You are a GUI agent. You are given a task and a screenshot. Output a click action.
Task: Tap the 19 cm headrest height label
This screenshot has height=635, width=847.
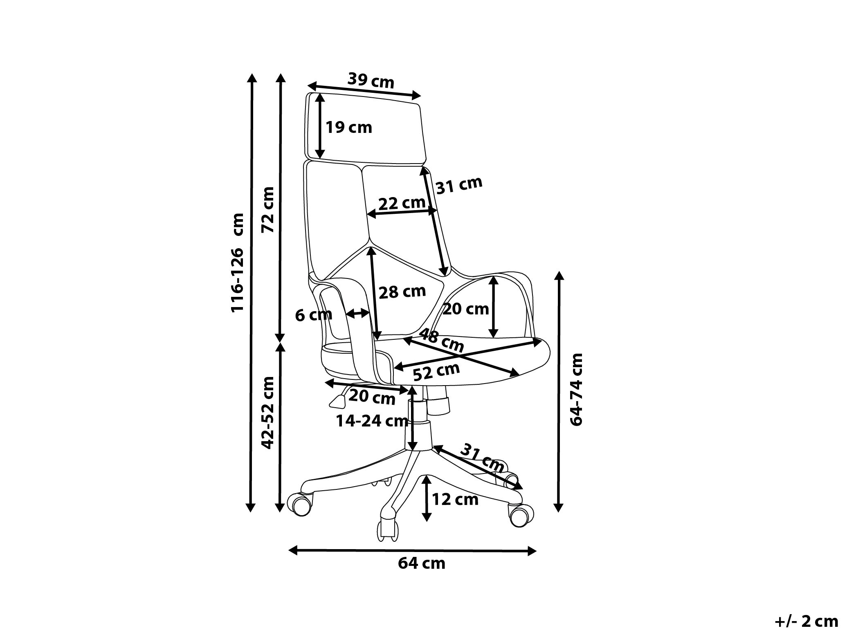point(348,128)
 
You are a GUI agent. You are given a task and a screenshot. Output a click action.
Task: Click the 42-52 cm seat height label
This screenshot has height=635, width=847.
point(268,412)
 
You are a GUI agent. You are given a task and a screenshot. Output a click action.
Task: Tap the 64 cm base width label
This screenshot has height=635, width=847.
point(421,563)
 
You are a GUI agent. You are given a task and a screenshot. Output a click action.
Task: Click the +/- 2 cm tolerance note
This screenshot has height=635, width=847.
point(806,622)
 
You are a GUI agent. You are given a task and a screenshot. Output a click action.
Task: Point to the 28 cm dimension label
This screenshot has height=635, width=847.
point(402,292)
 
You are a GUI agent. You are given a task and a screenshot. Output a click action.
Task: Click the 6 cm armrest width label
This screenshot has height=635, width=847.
point(314,315)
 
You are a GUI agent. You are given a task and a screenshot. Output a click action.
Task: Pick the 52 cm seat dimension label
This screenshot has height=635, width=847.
point(436,372)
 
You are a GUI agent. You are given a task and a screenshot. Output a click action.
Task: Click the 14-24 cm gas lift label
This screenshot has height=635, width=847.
point(372,421)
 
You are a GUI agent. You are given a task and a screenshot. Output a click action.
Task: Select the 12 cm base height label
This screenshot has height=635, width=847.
point(455,499)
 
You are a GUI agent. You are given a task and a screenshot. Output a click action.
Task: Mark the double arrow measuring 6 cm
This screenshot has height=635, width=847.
point(357,314)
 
